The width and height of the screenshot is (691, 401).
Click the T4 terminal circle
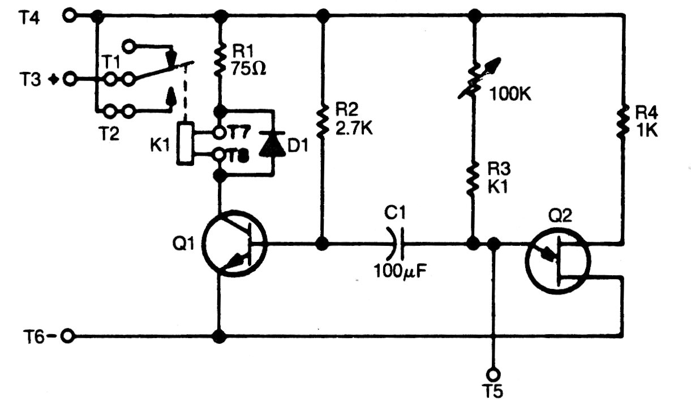click(70, 16)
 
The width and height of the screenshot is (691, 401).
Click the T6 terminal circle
click(68, 336)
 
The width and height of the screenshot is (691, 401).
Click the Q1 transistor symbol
click(234, 245)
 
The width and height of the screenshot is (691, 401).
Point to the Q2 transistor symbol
click(557, 260)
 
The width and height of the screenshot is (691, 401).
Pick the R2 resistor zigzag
click(323, 122)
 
